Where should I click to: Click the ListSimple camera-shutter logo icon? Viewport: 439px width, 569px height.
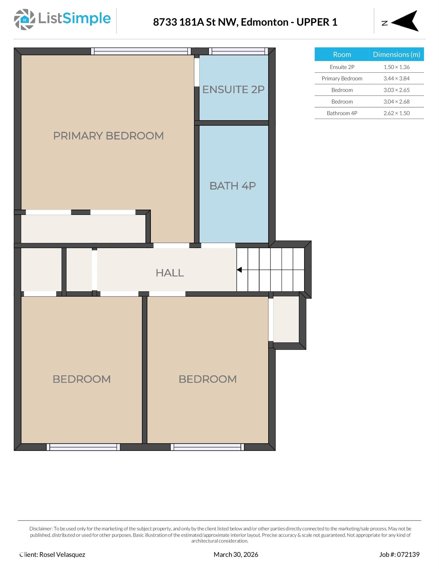(x=24, y=20)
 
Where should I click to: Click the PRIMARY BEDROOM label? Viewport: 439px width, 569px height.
(x=108, y=136)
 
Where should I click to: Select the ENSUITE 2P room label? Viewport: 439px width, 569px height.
(x=233, y=90)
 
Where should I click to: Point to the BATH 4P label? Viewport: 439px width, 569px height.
(x=232, y=186)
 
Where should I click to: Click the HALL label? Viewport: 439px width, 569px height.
(x=170, y=273)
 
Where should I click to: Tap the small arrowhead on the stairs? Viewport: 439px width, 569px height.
(x=239, y=270)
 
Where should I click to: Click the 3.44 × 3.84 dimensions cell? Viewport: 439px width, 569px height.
(x=396, y=79)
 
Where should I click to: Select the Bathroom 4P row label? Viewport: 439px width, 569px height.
(x=342, y=113)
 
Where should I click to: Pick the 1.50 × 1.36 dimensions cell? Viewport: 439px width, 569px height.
(x=396, y=67)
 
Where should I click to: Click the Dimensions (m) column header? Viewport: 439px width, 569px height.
(x=396, y=54)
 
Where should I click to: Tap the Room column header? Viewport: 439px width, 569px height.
(x=342, y=54)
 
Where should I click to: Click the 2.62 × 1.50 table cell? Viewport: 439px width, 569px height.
(x=396, y=113)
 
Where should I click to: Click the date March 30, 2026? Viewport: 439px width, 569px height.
(x=236, y=554)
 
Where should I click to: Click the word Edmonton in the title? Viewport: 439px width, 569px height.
(x=264, y=22)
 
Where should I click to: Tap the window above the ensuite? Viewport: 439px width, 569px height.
(x=238, y=51)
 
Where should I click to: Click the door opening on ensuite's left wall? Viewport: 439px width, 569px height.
(x=197, y=72)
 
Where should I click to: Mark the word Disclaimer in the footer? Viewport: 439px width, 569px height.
(x=41, y=528)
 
